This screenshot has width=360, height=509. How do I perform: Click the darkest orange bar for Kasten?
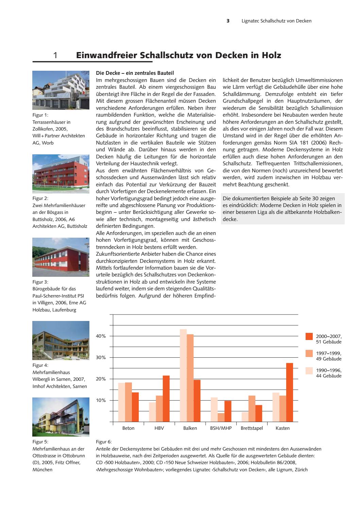289,392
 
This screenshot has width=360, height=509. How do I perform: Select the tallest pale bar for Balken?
183,375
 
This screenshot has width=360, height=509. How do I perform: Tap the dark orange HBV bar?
166,398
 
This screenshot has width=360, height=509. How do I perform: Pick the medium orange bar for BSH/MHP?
221,417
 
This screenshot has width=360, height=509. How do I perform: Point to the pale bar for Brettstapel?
245,417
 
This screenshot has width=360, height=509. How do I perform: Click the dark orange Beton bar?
135,407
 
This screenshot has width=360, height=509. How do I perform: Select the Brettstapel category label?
252,428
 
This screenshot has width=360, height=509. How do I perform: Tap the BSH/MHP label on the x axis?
221,428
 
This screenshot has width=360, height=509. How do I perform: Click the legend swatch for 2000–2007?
309,336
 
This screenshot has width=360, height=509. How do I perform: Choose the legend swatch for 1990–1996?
309,371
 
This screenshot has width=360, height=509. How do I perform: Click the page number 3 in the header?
228,21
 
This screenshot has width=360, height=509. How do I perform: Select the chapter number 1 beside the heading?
55,55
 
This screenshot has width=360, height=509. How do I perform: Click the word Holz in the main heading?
271,55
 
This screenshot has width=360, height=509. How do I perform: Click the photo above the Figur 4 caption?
61,340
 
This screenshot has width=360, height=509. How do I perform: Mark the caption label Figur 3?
40,282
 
